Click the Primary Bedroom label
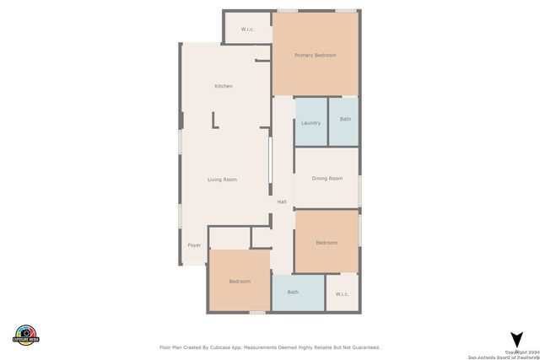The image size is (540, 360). click(315, 56)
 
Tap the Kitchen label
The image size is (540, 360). click(224, 86)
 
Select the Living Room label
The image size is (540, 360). click(223, 180)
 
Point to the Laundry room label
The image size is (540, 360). click(310, 123)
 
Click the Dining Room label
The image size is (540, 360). click(327, 179)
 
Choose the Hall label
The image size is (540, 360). click(282, 202)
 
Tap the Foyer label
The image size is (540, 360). click(194, 245)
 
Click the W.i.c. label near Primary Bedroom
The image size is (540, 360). click(247, 30)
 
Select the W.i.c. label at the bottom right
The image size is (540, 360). click(342, 294)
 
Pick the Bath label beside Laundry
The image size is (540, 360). click(345, 119)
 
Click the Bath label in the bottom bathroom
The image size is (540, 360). click(293, 293)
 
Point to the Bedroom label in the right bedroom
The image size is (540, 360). click(327, 243)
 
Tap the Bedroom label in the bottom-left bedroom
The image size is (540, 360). click(240, 282)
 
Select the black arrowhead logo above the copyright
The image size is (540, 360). click(516, 339)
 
